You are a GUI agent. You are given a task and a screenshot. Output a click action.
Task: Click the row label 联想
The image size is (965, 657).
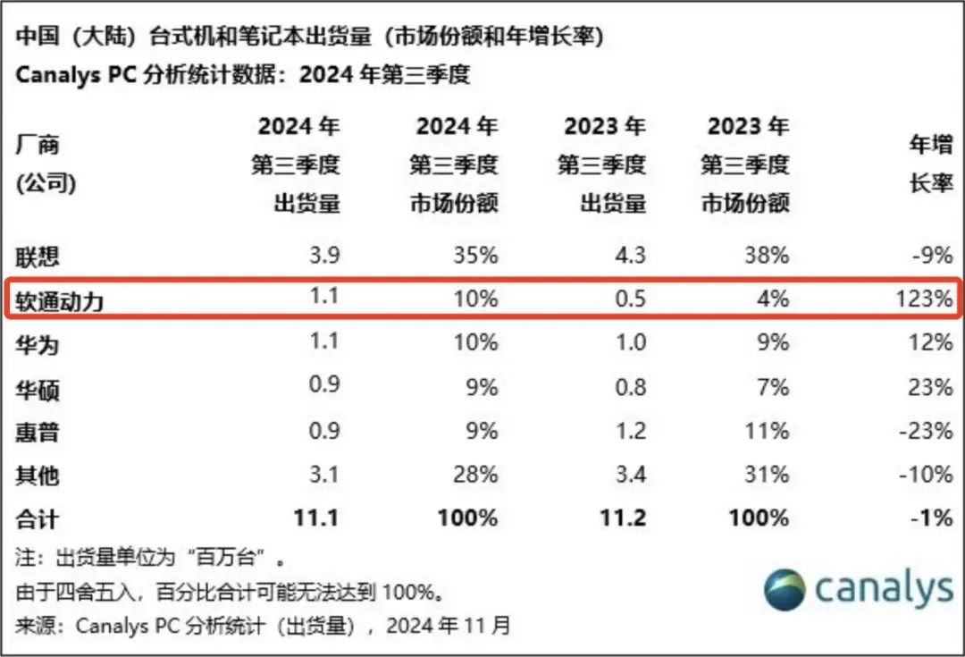38,257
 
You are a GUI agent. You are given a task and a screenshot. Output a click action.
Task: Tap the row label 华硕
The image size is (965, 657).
38,389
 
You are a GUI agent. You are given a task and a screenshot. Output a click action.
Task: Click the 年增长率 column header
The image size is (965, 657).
931,164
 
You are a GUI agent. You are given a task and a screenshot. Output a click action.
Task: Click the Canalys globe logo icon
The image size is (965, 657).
785,590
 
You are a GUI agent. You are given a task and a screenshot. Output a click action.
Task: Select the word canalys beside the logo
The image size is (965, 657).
884,589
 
